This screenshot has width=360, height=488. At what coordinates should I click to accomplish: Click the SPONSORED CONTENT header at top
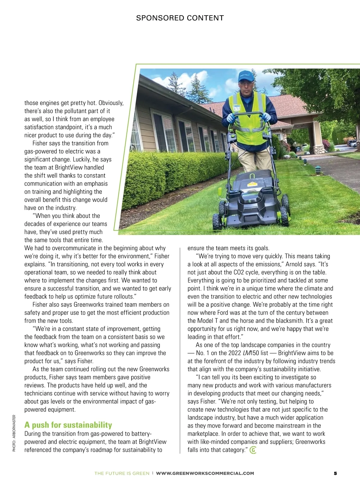(x=180, y=18)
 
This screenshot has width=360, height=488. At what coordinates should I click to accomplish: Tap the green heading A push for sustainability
(x=68, y=425)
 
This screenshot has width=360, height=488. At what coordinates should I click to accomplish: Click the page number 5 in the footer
(x=335, y=473)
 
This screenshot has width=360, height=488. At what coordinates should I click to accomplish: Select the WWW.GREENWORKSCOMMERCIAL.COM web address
(x=205, y=473)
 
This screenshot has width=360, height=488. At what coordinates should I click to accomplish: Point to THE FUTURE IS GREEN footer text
(x=122, y=473)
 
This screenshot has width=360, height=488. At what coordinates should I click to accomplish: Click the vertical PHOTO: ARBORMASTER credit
(x=14, y=433)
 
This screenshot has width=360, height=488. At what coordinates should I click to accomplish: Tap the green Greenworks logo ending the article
(x=253, y=450)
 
